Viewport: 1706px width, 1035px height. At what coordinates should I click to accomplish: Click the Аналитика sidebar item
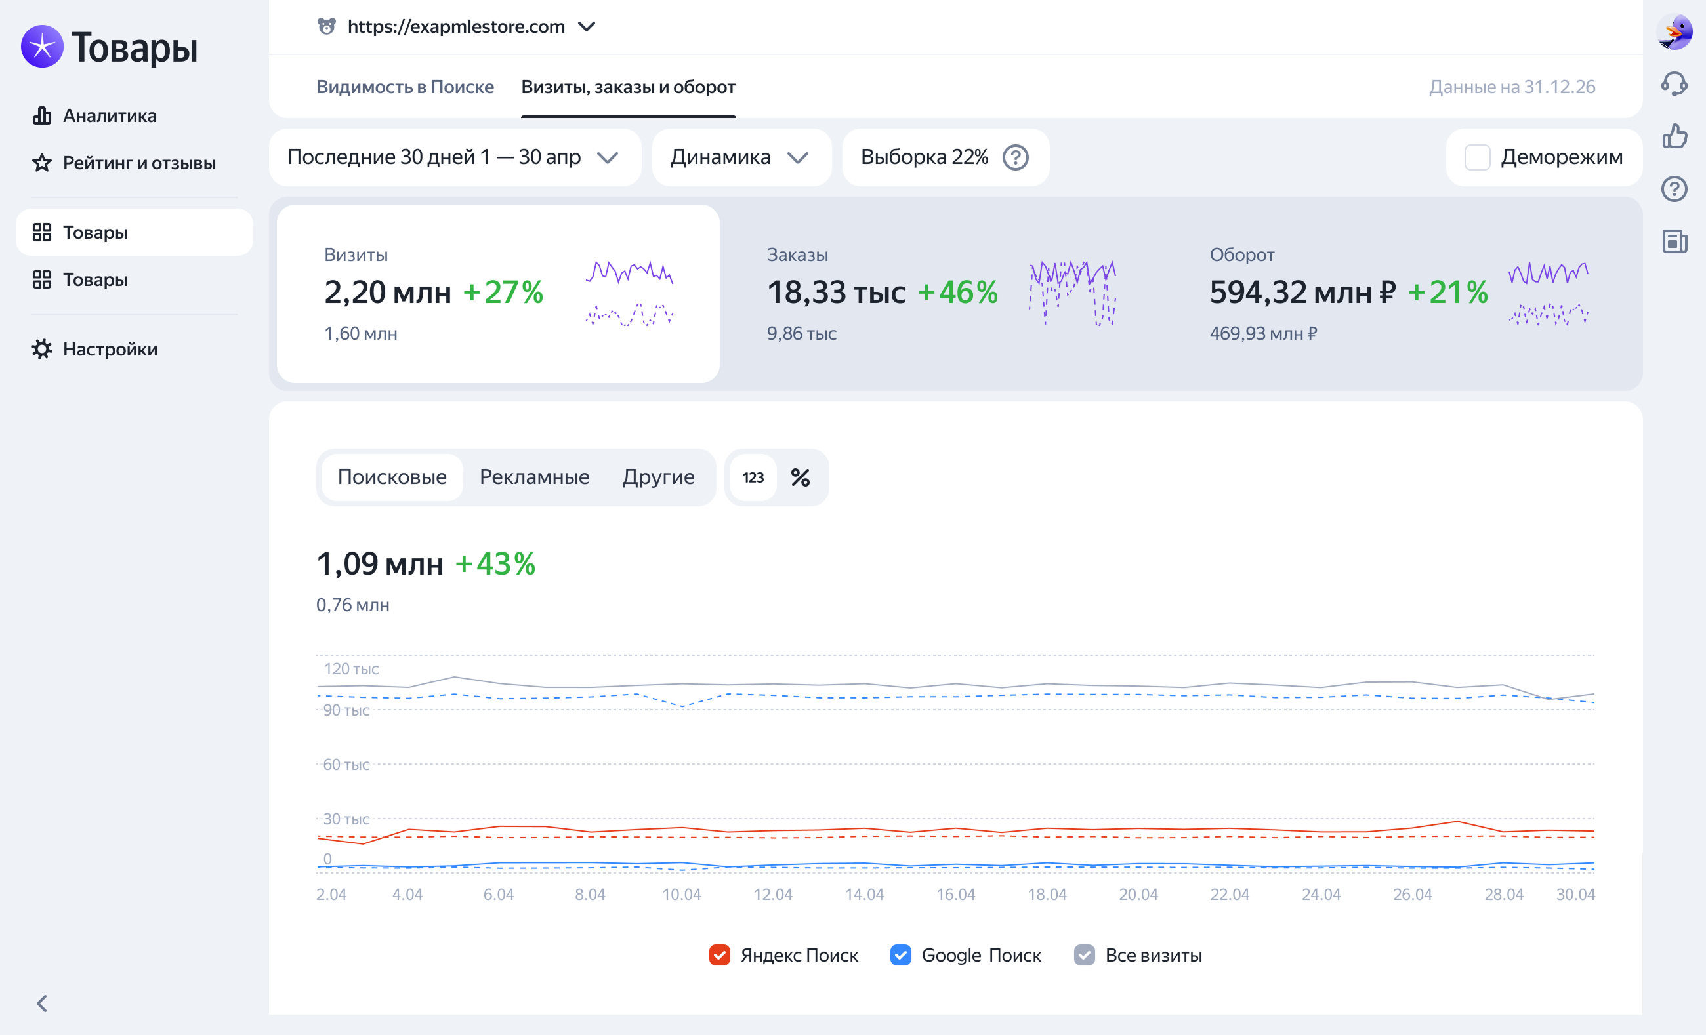pos(95,115)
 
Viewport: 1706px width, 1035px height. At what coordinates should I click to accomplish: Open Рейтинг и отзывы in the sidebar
pos(124,163)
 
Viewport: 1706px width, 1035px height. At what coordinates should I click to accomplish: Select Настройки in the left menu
pos(95,349)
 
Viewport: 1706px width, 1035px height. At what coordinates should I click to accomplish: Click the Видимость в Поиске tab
pos(405,87)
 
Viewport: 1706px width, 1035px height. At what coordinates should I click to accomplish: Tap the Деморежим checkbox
pos(1477,157)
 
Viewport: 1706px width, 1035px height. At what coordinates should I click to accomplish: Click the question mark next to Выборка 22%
pos(1015,157)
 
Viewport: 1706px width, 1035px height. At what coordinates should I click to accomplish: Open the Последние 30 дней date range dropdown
pos(455,157)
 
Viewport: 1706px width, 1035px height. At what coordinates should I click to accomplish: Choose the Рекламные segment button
pos(535,477)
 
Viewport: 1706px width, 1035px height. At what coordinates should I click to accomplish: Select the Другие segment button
pos(658,477)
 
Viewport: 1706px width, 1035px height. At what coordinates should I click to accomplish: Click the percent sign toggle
pos(801,477)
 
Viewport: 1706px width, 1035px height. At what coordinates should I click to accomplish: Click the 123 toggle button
pos(753,477)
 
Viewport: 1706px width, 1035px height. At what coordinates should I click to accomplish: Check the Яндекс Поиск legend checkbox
pos(719,955)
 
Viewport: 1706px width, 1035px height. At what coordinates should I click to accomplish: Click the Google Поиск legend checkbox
pos(900,955)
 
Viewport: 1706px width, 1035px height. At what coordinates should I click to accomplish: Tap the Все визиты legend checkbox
pos(1084,955)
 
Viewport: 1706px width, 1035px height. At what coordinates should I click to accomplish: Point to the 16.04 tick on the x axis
pos(955,894)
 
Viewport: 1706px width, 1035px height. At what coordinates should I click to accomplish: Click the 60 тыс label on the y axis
pos(346,764)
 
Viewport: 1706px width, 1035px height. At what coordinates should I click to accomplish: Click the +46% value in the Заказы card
pos(957,292)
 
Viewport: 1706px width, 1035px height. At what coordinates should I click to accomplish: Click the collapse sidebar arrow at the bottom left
pos(41,1003)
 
